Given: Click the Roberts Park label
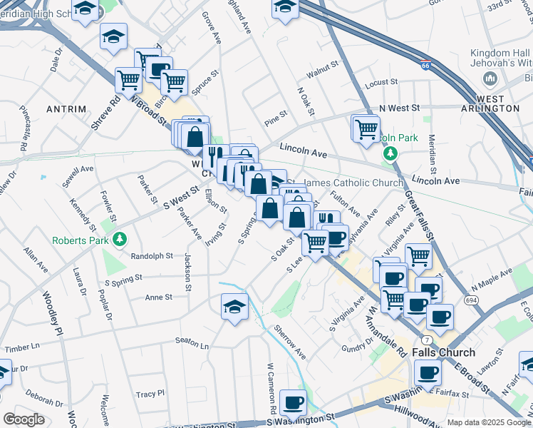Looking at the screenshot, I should coord(81,240).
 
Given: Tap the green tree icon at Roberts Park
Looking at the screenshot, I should coord(120,239).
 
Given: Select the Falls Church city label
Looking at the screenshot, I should coord(447,352).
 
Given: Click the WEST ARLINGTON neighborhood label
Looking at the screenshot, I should coord(488,103).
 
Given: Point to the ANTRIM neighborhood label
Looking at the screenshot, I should coord(66,109).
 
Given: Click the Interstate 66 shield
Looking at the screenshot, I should coord(425,65).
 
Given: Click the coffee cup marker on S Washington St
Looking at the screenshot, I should coord(293,402).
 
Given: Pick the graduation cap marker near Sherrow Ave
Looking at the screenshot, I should coord(234,307).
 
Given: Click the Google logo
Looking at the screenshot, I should coord(24,419).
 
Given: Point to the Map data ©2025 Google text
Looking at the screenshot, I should coord(488,422).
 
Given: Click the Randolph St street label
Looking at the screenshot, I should coord(152,255).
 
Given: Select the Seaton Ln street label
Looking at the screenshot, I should coord(194,346).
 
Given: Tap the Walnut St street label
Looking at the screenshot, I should coord(322,72).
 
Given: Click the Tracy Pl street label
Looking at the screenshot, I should coord(150,394).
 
